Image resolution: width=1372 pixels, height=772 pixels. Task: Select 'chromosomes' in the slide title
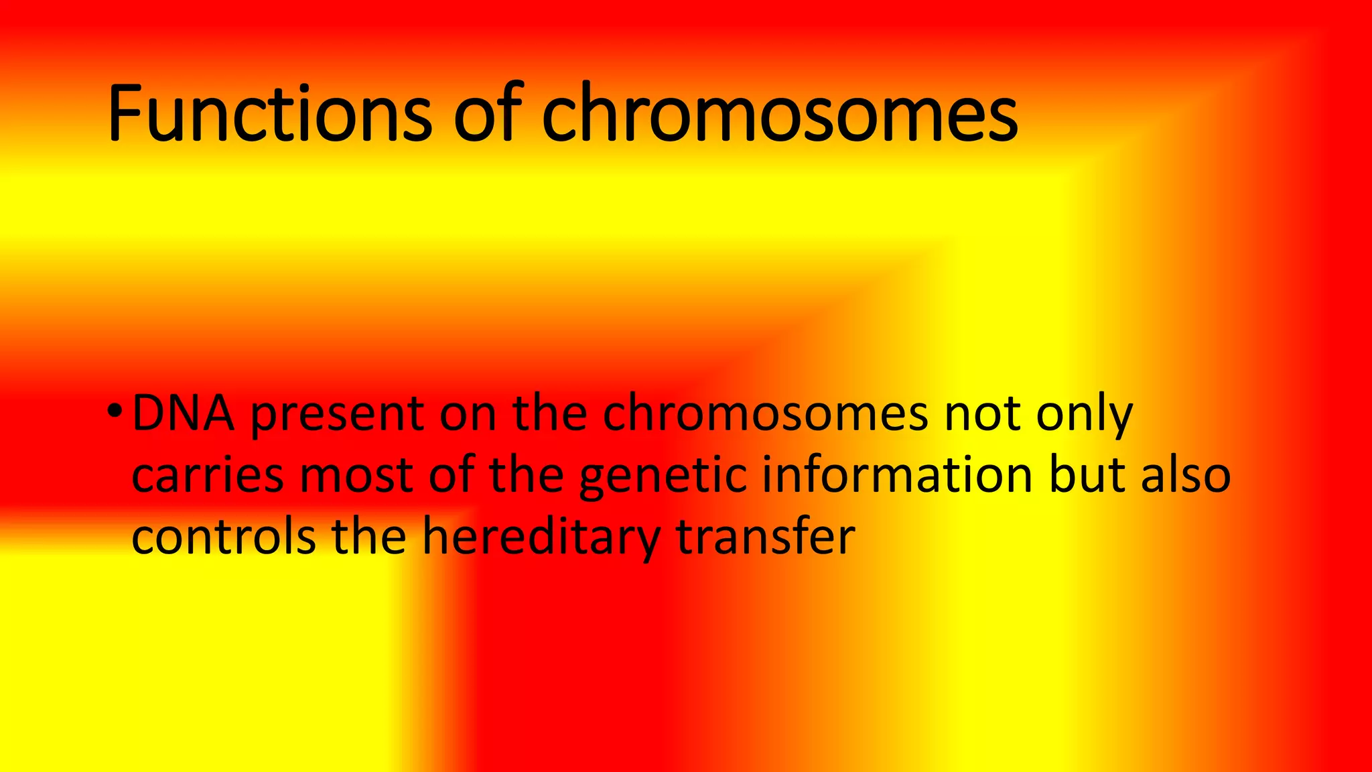click(x=780, y=114)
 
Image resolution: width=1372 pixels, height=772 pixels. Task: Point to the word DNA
click(x=184, y=414)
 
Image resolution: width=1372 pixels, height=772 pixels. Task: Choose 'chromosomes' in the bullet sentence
click(x=765, y=414)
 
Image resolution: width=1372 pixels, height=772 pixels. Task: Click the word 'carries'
click(x=208, y=476)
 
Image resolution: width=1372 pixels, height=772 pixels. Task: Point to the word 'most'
click(x=355, y=476)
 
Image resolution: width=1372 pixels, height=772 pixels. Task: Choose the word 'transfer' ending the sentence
click(x=766, y=537)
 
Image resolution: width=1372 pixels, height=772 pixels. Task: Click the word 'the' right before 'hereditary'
click(x=369, y=537)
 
